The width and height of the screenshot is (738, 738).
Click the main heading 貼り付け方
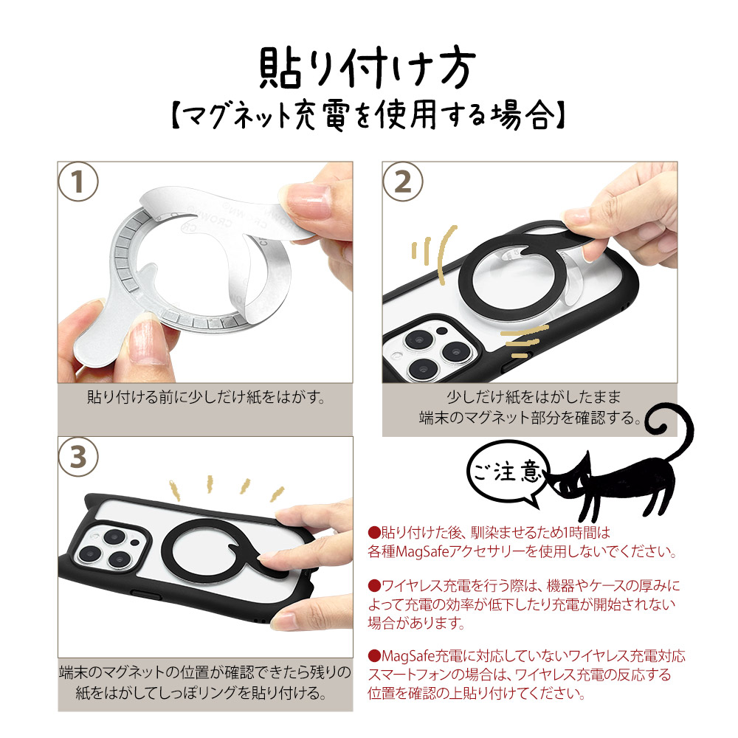367,70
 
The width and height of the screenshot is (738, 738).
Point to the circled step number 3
77,457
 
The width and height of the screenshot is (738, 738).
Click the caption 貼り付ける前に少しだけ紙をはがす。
206,398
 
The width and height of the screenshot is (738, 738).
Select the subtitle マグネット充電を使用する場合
367,116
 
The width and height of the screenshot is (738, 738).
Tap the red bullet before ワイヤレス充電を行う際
373,586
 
